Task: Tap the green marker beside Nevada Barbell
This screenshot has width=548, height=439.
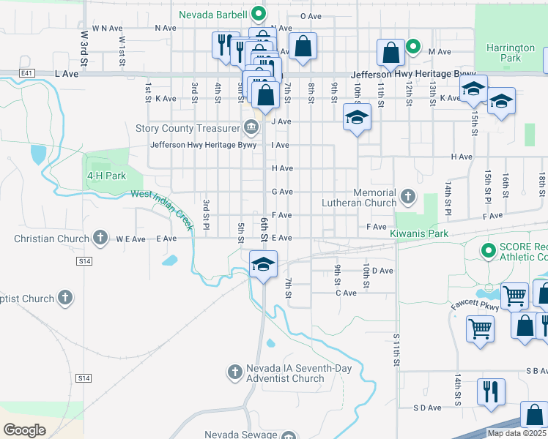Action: coord(258,13)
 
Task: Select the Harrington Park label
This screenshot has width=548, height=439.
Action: coord(510,53)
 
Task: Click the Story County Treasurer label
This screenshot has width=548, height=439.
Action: coord(188,128)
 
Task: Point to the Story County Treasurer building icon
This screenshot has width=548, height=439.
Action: coord(251,128)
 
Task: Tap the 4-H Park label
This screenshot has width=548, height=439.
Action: coord(106,176)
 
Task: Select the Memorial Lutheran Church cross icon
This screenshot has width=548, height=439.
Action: coord(407,197)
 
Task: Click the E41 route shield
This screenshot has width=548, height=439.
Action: coord(28,73)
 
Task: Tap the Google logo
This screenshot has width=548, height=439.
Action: coord(25,429)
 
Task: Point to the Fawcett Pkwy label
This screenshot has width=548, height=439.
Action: coord(475,305)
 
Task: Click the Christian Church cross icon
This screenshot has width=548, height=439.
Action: coord(101,239)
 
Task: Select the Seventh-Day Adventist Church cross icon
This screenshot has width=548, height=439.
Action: coord(234,373)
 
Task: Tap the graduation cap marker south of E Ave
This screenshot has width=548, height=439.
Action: coord(263,263)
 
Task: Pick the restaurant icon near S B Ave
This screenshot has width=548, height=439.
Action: coord(490,389)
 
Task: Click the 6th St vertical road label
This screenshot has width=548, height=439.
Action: coord(262,228)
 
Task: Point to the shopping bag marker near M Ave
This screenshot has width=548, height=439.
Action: coord(390,51)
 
